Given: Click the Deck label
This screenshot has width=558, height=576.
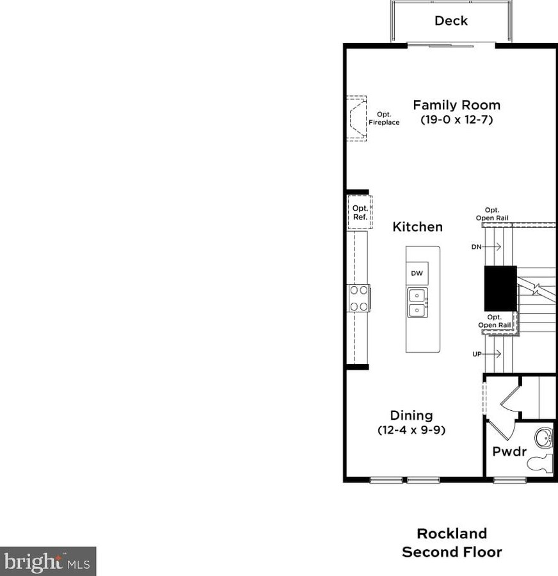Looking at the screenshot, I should click(x=451, y=20).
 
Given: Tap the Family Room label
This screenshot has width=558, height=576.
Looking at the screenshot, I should click(x=456, y=105).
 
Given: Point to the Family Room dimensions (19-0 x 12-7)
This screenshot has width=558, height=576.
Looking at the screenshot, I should click(x=456, y=120).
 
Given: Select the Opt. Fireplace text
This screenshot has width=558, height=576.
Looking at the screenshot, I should click(x=384, y=118).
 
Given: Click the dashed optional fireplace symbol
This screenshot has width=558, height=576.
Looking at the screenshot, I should click(x=356, y=118).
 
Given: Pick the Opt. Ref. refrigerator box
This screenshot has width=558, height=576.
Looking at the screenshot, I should click(x=360, y=212).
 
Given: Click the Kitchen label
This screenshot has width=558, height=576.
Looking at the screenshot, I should click(x=417, y=227).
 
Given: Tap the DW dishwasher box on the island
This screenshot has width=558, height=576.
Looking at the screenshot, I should click(x=417, y=273).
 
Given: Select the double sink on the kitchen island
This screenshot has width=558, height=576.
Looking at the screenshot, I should click(x=417, y=302).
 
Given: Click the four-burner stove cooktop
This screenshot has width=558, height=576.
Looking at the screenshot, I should click(x=359, y=298).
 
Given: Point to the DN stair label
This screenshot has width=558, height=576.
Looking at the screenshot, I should click(x=476, y=246).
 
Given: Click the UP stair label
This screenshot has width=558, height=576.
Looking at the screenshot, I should click(x=477, y=353).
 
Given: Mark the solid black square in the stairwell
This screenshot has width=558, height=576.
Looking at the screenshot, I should click(x=500, y=288).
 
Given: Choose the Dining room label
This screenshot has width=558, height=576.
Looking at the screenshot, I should click(x=411, y=415).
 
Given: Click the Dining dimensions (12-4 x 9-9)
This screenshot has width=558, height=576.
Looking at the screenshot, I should click(x=411, y=431).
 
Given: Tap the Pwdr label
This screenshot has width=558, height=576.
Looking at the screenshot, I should click(x=509, y=451).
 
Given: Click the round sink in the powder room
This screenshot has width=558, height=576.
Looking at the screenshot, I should click(x=543, y=438).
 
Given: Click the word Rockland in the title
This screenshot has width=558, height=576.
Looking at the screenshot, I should click(x=452, y=533).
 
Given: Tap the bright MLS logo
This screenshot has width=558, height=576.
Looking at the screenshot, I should click(x=48, y=561).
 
